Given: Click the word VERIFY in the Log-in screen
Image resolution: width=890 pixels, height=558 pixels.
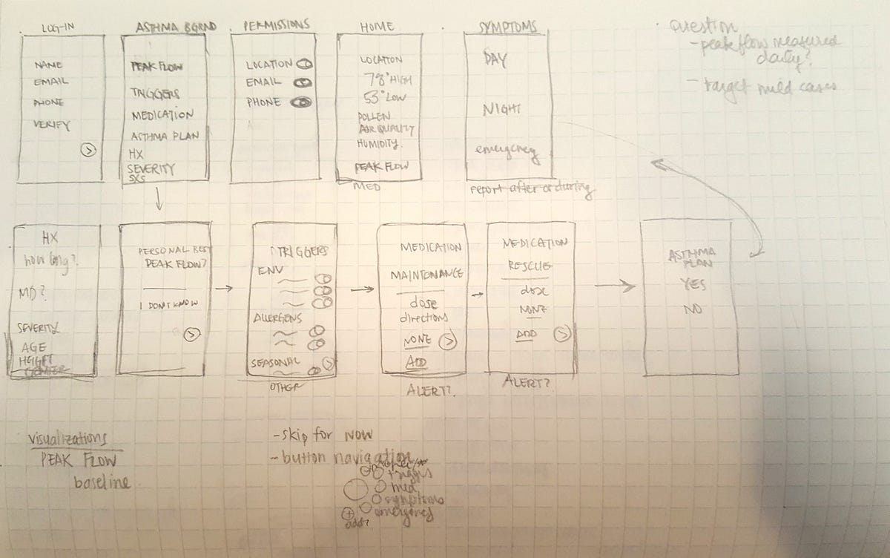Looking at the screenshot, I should pyautogui.click(x=52, y=125).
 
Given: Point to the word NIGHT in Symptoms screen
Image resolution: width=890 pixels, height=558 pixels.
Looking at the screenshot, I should pyautogui.click(x=501, y=110).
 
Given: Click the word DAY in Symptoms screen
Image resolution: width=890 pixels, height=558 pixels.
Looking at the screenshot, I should pyautogui.click(x=495, y=59).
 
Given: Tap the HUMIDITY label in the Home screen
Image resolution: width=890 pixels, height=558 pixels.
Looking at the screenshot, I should pyautogui.click(x=378, y=143).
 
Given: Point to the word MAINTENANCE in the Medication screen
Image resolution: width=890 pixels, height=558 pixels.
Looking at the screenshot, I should pyautogui.click(x=426, y=275).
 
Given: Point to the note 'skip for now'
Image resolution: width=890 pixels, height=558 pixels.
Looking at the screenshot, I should pyautogui.click(x=325, y=433).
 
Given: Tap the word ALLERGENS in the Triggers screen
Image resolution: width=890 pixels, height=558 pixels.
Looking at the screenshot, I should pyautogui.click(x=279, y=319).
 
